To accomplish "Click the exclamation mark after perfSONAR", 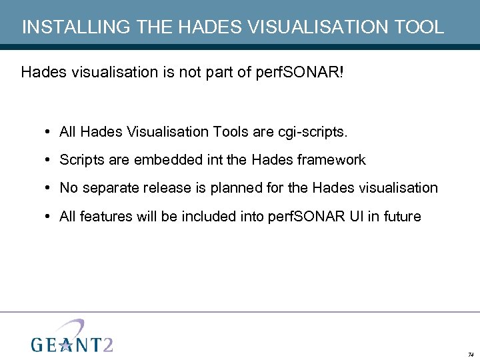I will click(343, 72).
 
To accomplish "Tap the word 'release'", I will click(162, 188).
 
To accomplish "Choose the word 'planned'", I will click(237, 188).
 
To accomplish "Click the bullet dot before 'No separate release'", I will click(50, 188).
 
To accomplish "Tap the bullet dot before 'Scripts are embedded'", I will click(50, 160).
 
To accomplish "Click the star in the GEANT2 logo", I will click(65, 344).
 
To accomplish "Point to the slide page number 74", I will click(471, 354).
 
